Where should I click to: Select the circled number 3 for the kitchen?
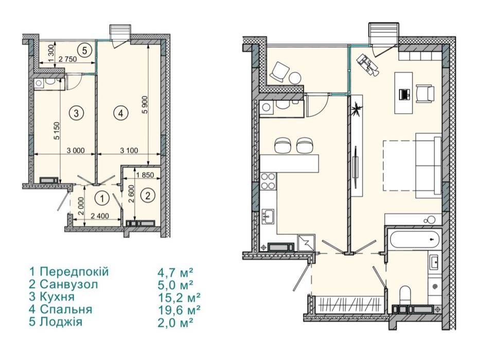77,113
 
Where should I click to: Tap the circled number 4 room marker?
121,113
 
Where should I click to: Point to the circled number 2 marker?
148,196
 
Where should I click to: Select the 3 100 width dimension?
129,151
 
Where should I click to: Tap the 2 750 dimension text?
67,59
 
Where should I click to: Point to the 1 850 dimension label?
145,175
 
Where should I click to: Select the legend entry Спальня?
66,309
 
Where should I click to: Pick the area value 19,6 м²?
179,309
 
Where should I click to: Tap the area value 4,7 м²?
175,271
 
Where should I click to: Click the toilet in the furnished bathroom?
405,295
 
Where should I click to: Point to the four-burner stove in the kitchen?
269,182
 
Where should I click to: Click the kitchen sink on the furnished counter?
269,217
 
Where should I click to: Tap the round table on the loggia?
296,78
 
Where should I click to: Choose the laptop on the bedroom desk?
403,95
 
